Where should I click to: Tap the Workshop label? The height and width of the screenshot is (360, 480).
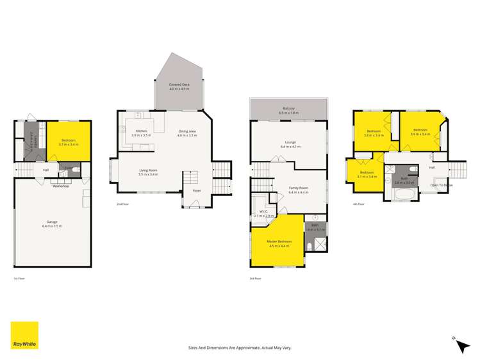(61, 186)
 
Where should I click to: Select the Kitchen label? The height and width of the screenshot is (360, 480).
(141, 132)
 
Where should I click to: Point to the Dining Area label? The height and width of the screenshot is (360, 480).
(188, 132)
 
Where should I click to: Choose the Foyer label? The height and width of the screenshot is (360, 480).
(196, 190)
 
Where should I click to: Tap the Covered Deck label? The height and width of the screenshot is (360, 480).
(179, 86)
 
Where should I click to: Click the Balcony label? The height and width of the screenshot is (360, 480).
(289, 110)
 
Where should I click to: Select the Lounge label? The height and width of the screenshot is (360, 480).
(290, 144)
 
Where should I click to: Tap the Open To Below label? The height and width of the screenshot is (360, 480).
(442, 184)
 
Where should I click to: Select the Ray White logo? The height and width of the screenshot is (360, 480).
(24, 335)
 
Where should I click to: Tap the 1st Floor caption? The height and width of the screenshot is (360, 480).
(19, 279)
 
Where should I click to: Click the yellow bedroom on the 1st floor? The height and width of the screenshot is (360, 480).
(69, 142)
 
